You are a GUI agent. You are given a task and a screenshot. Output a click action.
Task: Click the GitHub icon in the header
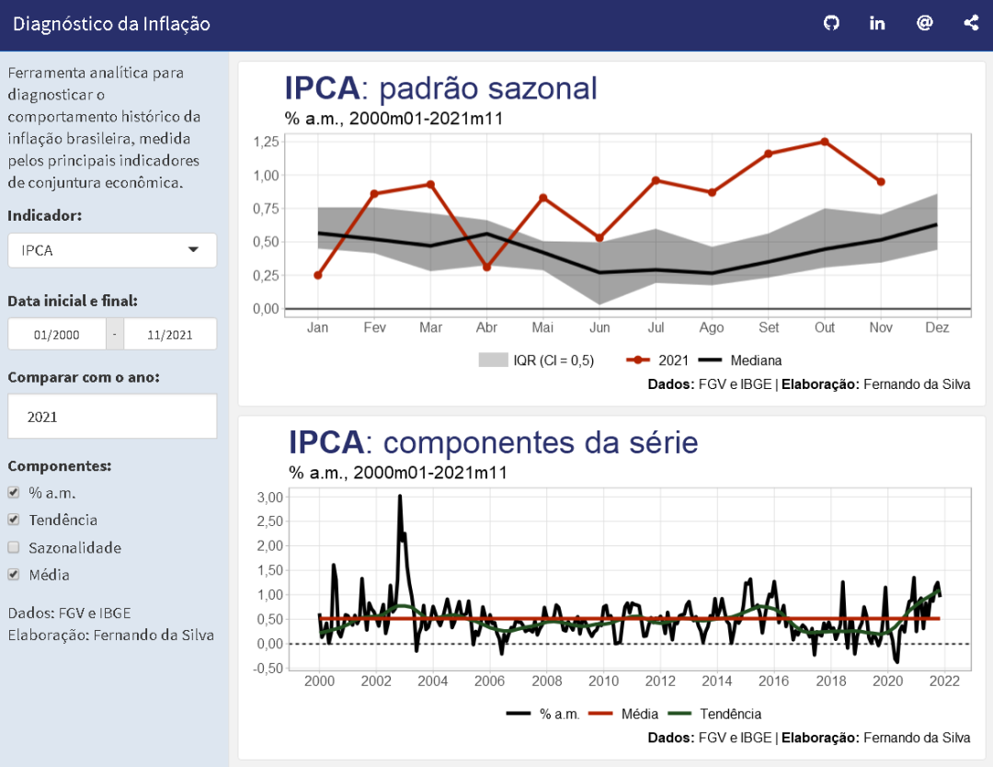[x=831, y=24]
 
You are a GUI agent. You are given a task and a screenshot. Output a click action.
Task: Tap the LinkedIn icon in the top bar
[x=877, y=24]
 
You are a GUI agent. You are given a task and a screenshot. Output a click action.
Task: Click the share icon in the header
[x=971, y=24]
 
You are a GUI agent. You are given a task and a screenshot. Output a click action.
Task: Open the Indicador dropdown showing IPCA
[x=112, y=250]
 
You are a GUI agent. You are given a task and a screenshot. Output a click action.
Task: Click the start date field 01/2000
[x=57, y=335]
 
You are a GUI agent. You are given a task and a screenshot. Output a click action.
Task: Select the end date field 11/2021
[x=170, y=335]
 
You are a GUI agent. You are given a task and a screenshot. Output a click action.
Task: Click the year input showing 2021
[x=112, y=417]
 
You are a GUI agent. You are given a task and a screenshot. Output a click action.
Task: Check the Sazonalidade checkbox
[x=14, y=547]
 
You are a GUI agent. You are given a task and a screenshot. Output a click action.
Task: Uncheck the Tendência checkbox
[x=14, y=520]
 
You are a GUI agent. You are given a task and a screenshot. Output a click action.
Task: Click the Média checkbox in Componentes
[x=14, y=575]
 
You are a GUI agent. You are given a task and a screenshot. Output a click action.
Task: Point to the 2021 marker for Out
[x=825, y=142]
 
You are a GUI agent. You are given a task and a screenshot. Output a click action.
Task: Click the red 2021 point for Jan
[x=318, y=275]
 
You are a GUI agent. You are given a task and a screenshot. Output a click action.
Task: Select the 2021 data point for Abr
[x=486, y=267]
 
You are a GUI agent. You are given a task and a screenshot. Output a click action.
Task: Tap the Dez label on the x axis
[x=937, y=328]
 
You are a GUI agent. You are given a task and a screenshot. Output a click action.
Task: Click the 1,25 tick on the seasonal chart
[x=265, y=142]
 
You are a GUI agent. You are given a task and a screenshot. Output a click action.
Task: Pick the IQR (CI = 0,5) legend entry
[x=537, y=361]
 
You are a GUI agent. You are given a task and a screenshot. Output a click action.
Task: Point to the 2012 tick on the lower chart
[x=660, y=681]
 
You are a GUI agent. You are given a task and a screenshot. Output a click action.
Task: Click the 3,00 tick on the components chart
[x=269, y=498]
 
